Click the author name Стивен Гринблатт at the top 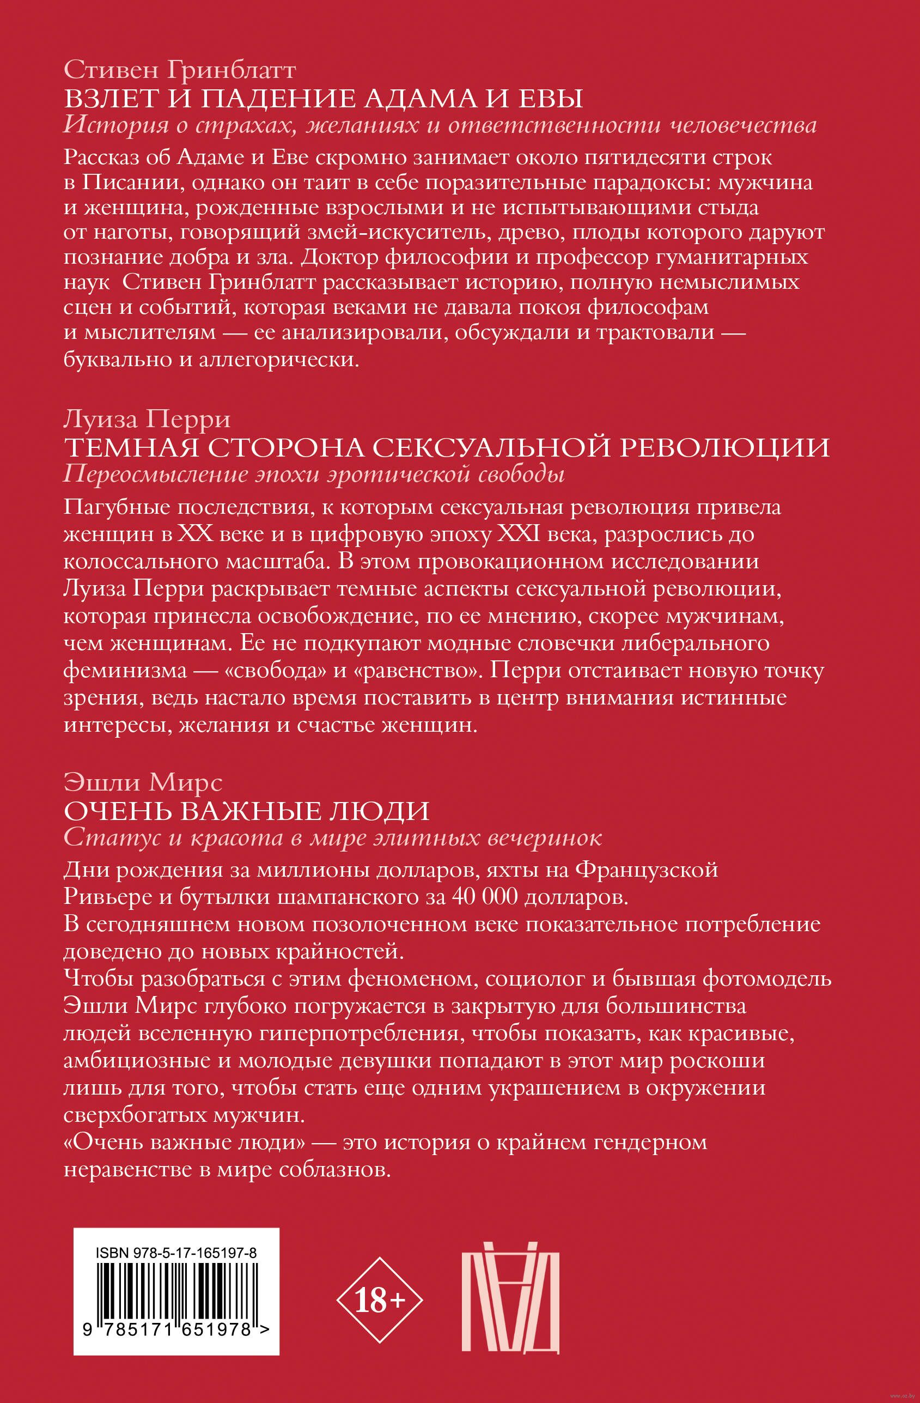[x=179, y=70]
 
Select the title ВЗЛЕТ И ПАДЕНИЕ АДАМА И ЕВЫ [x=323, y=98]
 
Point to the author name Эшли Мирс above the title [x=143, y=782]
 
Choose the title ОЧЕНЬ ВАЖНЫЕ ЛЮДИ [x=246, y=811]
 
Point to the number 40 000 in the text [x=485, y=897]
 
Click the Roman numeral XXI [x=519, y=534]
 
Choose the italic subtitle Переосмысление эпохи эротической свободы [x=314, y=475]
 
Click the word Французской [x=647, y=870]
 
